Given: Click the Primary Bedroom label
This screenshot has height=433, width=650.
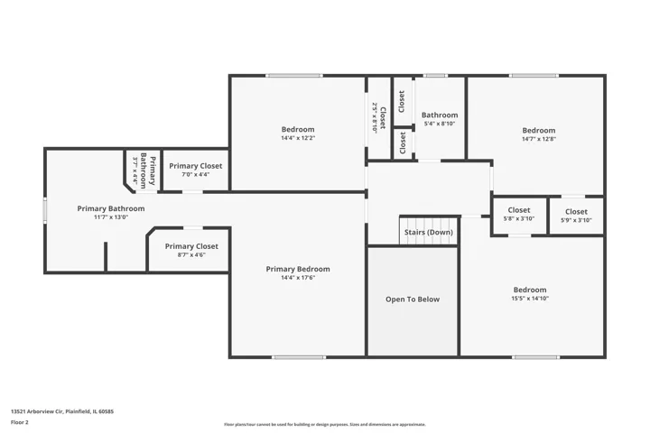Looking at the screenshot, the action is pyautogui.click(x=298, y=269).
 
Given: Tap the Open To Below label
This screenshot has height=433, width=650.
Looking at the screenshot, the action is pyautogui.click(x=413, y=299).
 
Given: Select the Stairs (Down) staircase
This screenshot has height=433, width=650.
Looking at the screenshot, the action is pyautogui.click(x=429, y=231).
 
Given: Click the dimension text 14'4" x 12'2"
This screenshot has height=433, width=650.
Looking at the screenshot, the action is pyautogui.click(x=298, y=138).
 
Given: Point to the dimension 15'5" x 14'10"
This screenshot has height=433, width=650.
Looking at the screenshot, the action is pyautogui.click(x=530, y=299).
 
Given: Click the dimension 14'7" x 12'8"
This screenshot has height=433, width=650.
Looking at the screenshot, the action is pyautogui.click(x=538, y=139).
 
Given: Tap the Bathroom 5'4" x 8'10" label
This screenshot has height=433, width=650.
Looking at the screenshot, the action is pyautogui.click(x=440, y=118).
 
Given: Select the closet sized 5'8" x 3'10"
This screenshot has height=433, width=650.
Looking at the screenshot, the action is pyautogui.click(x=519, y=216).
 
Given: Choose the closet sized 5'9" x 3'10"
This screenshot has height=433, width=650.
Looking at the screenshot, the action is pyautogui.click(x=576, y=216).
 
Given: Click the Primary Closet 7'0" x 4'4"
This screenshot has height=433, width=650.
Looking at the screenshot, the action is pyautogui.click(x=196, y=170).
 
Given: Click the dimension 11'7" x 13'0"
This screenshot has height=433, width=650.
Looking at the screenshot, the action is pyautogui.click(x=111, y=217).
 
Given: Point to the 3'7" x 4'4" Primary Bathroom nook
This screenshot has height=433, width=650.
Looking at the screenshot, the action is pyautogui.click(x=143, y=170).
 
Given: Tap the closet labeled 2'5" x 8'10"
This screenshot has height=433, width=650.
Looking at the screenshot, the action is pyautogui.click(x=379, y=118).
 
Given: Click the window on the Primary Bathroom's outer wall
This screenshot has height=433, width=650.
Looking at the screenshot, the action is pyautogui.click(x=45, y=210).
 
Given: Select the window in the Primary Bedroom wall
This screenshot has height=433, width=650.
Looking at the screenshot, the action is pyautogui.click(x=299, y=357).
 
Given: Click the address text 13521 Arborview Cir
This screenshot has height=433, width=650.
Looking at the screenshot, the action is pyautogui.click(x=37, y=411).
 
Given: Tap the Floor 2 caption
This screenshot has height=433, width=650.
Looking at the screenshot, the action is pyautogui.click(x=20, y=422).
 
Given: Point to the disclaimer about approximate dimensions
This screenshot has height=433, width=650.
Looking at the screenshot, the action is pyautogui.click(x=325, y=424).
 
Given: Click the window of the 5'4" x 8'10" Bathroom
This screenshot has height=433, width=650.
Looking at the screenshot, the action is pyautogui.click(x=435, y=76).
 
